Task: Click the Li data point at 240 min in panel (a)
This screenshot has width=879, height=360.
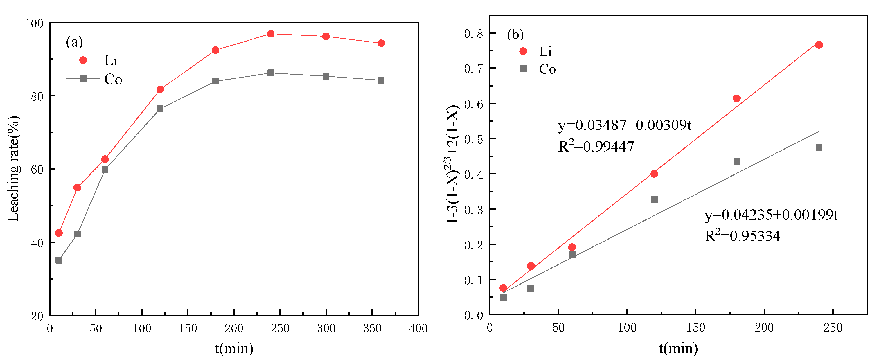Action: point(271,34)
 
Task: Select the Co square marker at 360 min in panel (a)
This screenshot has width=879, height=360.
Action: point(381,80)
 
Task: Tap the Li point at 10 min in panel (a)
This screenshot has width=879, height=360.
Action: point(59,233)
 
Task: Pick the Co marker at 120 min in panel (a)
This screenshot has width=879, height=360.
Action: point(160,109)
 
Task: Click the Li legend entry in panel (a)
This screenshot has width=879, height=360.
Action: point(92,60)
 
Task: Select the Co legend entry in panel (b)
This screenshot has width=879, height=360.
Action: point(538,69)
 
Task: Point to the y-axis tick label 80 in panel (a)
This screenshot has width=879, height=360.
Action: point(37,96)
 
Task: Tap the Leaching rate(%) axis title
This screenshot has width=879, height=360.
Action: point(14,169)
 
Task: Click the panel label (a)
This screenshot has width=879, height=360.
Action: point(74,42)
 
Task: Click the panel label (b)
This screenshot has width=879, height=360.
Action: point(515,35)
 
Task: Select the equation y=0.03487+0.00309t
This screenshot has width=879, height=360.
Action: point(624,125)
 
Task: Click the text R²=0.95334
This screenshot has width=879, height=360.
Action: point(742,236)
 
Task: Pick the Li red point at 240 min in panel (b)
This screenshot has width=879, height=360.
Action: point(819,45)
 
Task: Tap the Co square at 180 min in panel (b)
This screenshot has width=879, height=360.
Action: point(737,161)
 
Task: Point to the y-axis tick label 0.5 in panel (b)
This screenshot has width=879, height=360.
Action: point(474,139)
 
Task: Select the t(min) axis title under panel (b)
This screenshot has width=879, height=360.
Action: point(678,348)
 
